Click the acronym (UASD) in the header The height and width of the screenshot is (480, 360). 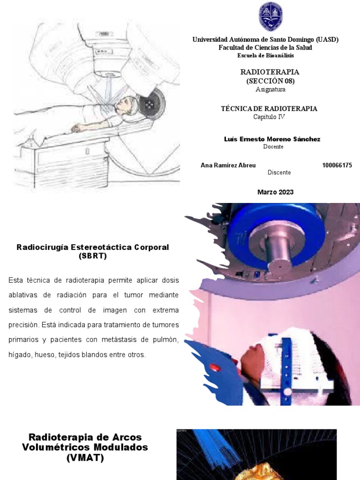pos(327,40)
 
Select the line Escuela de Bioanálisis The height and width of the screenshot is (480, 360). pos(266,55)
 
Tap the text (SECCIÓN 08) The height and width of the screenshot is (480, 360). pos(270,81)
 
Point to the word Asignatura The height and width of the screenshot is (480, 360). pos(270,89)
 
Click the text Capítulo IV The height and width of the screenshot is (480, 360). pos(269,117)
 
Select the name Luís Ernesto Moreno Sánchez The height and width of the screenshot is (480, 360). pos(272,139)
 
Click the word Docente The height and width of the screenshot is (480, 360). pos(273,147)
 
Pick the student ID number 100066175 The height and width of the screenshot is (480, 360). pos(337,165)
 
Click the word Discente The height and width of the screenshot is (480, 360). pos(279,172)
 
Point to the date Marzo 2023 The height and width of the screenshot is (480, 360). pos(275,192)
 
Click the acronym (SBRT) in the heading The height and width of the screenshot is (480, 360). pos(93,256)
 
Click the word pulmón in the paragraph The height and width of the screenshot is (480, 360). pos(167,340)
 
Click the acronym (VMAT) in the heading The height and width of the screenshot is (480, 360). pos(85,457)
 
